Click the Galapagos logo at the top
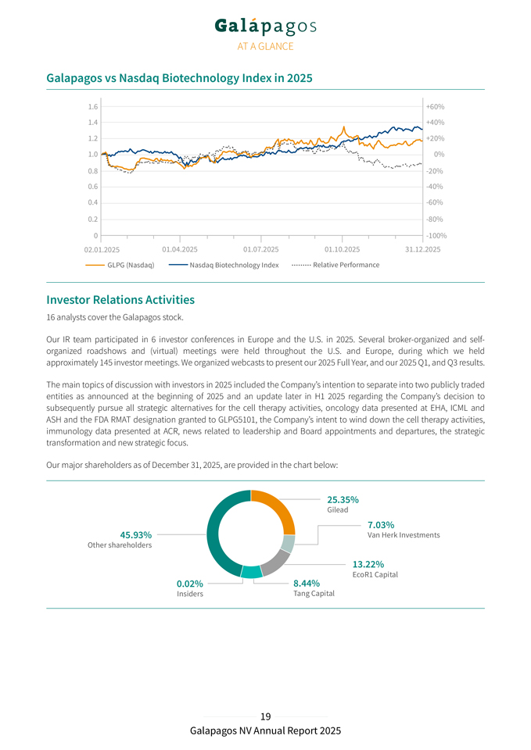tap(265, 27)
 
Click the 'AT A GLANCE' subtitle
tap(265, 47)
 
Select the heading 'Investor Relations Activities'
tap(120, 299)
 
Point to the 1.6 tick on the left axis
tap(93, 106)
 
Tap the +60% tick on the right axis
tap(435, 106)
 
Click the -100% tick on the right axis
tap(436, 235)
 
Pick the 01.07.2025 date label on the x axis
tap(261, 249)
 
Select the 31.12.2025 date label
tap(423, 249)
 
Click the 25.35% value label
tap(343, 499)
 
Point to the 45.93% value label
tap(135, 534)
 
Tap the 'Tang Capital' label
tap(314, 594)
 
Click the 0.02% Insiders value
tap(190, 583)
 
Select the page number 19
tap(265, 716)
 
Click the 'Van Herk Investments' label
tap(404, 535)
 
